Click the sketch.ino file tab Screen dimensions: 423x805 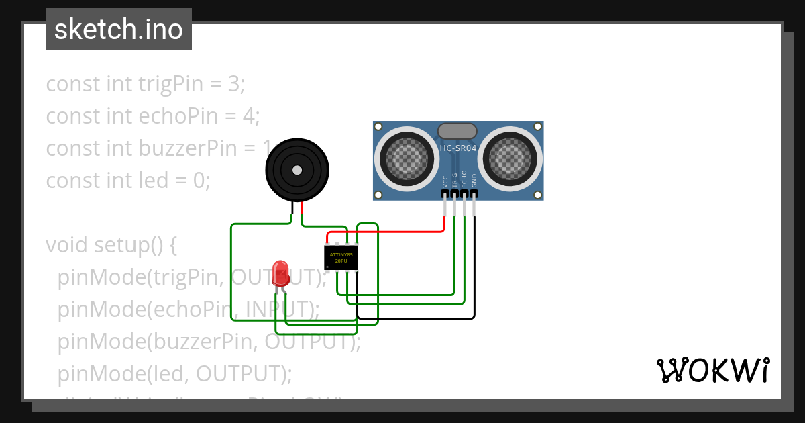tap(119, 30)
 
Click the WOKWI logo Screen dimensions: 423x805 tap(712, 370)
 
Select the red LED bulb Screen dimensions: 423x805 tap(281, 273)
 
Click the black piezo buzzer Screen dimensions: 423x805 tap(297, 171)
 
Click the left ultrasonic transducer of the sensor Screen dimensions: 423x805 tap(404, 159)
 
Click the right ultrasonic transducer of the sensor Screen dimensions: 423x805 tap(512, 159)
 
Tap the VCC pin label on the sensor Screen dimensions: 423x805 tap(445, 181)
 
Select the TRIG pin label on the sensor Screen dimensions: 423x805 tap(455, 179)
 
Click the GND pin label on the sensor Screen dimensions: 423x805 tap(474, 180)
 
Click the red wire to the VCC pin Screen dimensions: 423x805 tap(389, 232)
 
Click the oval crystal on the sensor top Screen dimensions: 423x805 tap(457, 131)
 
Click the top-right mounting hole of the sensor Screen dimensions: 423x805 tap(537, 126)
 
